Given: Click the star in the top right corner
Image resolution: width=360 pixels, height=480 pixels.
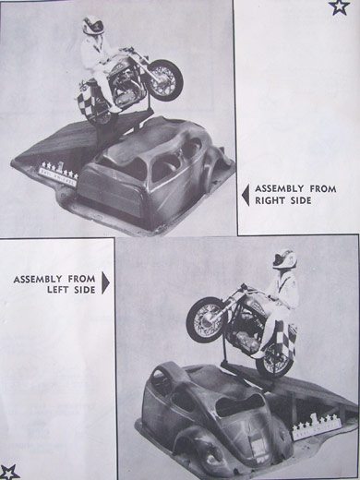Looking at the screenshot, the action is (x=339, y=7).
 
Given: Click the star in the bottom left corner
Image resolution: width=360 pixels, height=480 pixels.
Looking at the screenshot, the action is (x=8, y=473).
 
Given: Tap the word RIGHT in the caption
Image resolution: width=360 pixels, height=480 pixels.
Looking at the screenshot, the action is (x=270, y=200).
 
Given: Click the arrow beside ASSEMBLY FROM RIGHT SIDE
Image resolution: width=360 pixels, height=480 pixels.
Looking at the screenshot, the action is (x=246, y=195).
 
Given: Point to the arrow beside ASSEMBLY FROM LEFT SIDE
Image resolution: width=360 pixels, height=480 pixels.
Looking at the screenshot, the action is (x=105, y=282).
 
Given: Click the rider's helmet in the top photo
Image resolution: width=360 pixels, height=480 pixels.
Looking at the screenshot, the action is (x=92, y=26).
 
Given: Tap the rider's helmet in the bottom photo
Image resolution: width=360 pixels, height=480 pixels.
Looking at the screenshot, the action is (x=284, y=259).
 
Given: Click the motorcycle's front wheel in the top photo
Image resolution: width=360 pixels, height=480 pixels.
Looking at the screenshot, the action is (x=165, y=79).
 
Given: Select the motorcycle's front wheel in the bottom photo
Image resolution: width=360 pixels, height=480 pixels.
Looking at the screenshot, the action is (x=207, y=319).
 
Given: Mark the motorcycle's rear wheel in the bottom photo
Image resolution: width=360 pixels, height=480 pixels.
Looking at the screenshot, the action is (x=275, y=358).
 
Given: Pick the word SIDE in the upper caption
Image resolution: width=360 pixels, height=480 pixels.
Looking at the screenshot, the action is (x=301, y=200).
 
